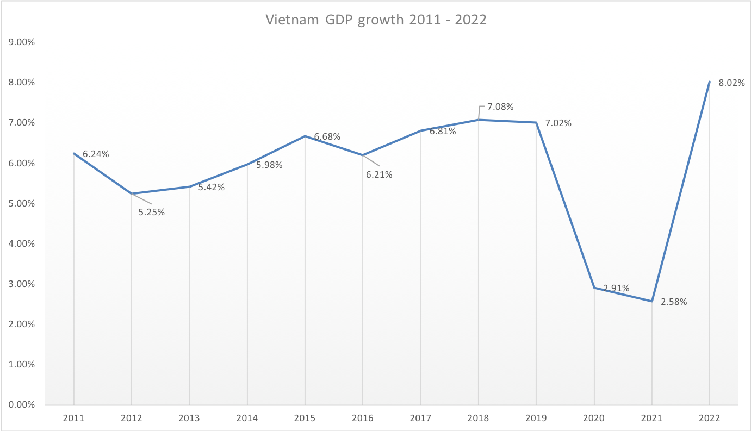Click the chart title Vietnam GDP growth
click(x=376, y=20)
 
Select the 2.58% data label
click(x=674, y=302)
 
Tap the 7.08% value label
click(x=500, y=107)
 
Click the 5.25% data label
click(x=151, y=213)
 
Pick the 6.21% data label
click(x=379, y=175)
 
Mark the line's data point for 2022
click(x=709, y=82)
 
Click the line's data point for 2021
click(x=651, y=301)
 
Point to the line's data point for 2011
click(x=74, y=154)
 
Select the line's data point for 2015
click(x=305, y=136)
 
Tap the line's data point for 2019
click(x=536, y=122)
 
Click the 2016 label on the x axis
click(x=363, y=418)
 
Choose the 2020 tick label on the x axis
click(x=594, y=418)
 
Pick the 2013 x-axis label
click(x=189, y=418)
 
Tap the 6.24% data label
click(x=96, y=154)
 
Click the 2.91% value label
click(x=616, y=289)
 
